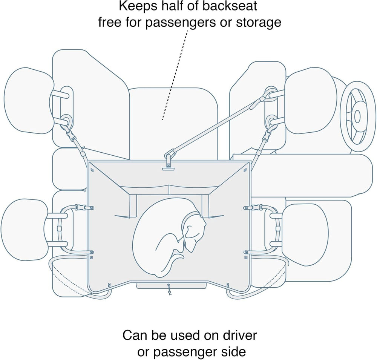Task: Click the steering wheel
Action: pos(357,117)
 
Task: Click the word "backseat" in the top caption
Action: pos(230,6)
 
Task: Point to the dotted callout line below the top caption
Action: pos(175,75)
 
